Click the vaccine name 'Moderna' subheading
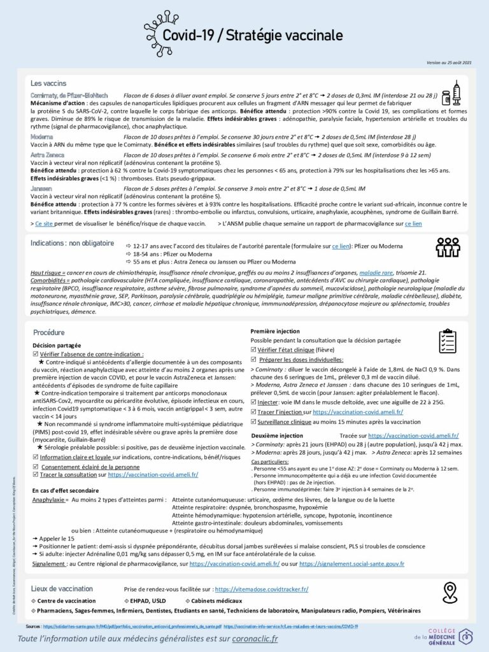[x=44, y=137]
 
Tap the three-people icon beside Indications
[x=448, y=247]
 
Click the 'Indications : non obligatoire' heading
[x=72, y=243]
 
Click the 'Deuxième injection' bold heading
[x=277, y=434]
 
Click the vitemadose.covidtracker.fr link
[x=262, y=590]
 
